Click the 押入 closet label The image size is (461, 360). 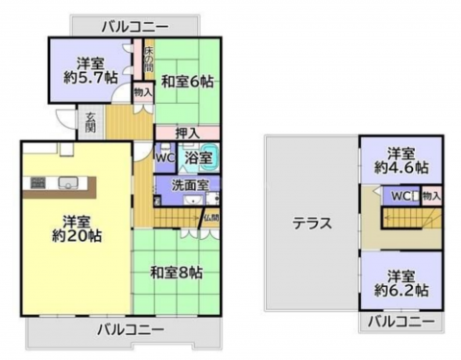[187, 133]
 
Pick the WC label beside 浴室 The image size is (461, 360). [164, 156]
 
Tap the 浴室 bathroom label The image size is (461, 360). [200, 156]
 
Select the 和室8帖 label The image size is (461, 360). [176, 273]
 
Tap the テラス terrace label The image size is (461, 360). [313, 224]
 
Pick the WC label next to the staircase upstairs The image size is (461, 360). [395, 196]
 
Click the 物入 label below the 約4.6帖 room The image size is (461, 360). [431, 196]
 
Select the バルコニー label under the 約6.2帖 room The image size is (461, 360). [401, 322]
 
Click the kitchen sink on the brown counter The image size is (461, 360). [68, 183]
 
